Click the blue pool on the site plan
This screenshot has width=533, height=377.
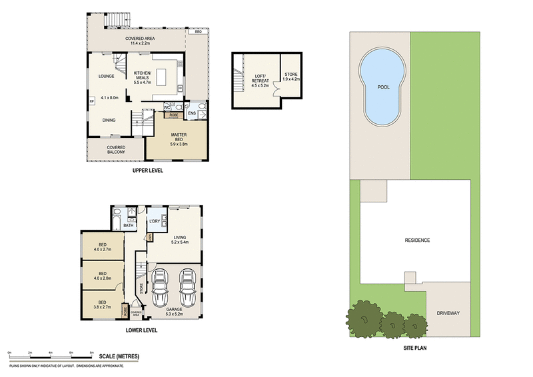pos(382,89)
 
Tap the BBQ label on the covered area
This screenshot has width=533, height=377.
pos(197,31)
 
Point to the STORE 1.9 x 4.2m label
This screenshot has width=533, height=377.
pos(291,77)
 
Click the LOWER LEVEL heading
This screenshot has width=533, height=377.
pos(141,329)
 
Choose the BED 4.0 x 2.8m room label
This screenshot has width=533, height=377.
pos(102,275)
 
